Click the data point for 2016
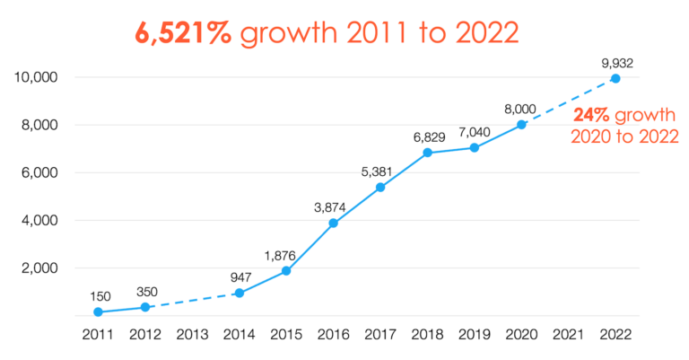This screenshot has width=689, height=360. tap(334, 223)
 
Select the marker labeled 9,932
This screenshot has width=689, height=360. tap(615, 78)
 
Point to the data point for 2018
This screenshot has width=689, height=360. tap(428, 153)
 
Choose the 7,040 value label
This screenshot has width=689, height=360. tap(475, 131)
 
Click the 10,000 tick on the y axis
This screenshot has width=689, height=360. tap(37, 77)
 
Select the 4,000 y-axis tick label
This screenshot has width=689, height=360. tap(40, 220)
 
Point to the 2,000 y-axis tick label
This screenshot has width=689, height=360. tap(40, 268)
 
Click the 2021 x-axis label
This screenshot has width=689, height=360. tap(568, 335)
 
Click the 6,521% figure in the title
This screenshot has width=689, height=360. tap(183, 32)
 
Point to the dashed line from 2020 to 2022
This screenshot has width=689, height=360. tap(568, 101)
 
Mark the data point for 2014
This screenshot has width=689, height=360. tap(239, 293)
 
